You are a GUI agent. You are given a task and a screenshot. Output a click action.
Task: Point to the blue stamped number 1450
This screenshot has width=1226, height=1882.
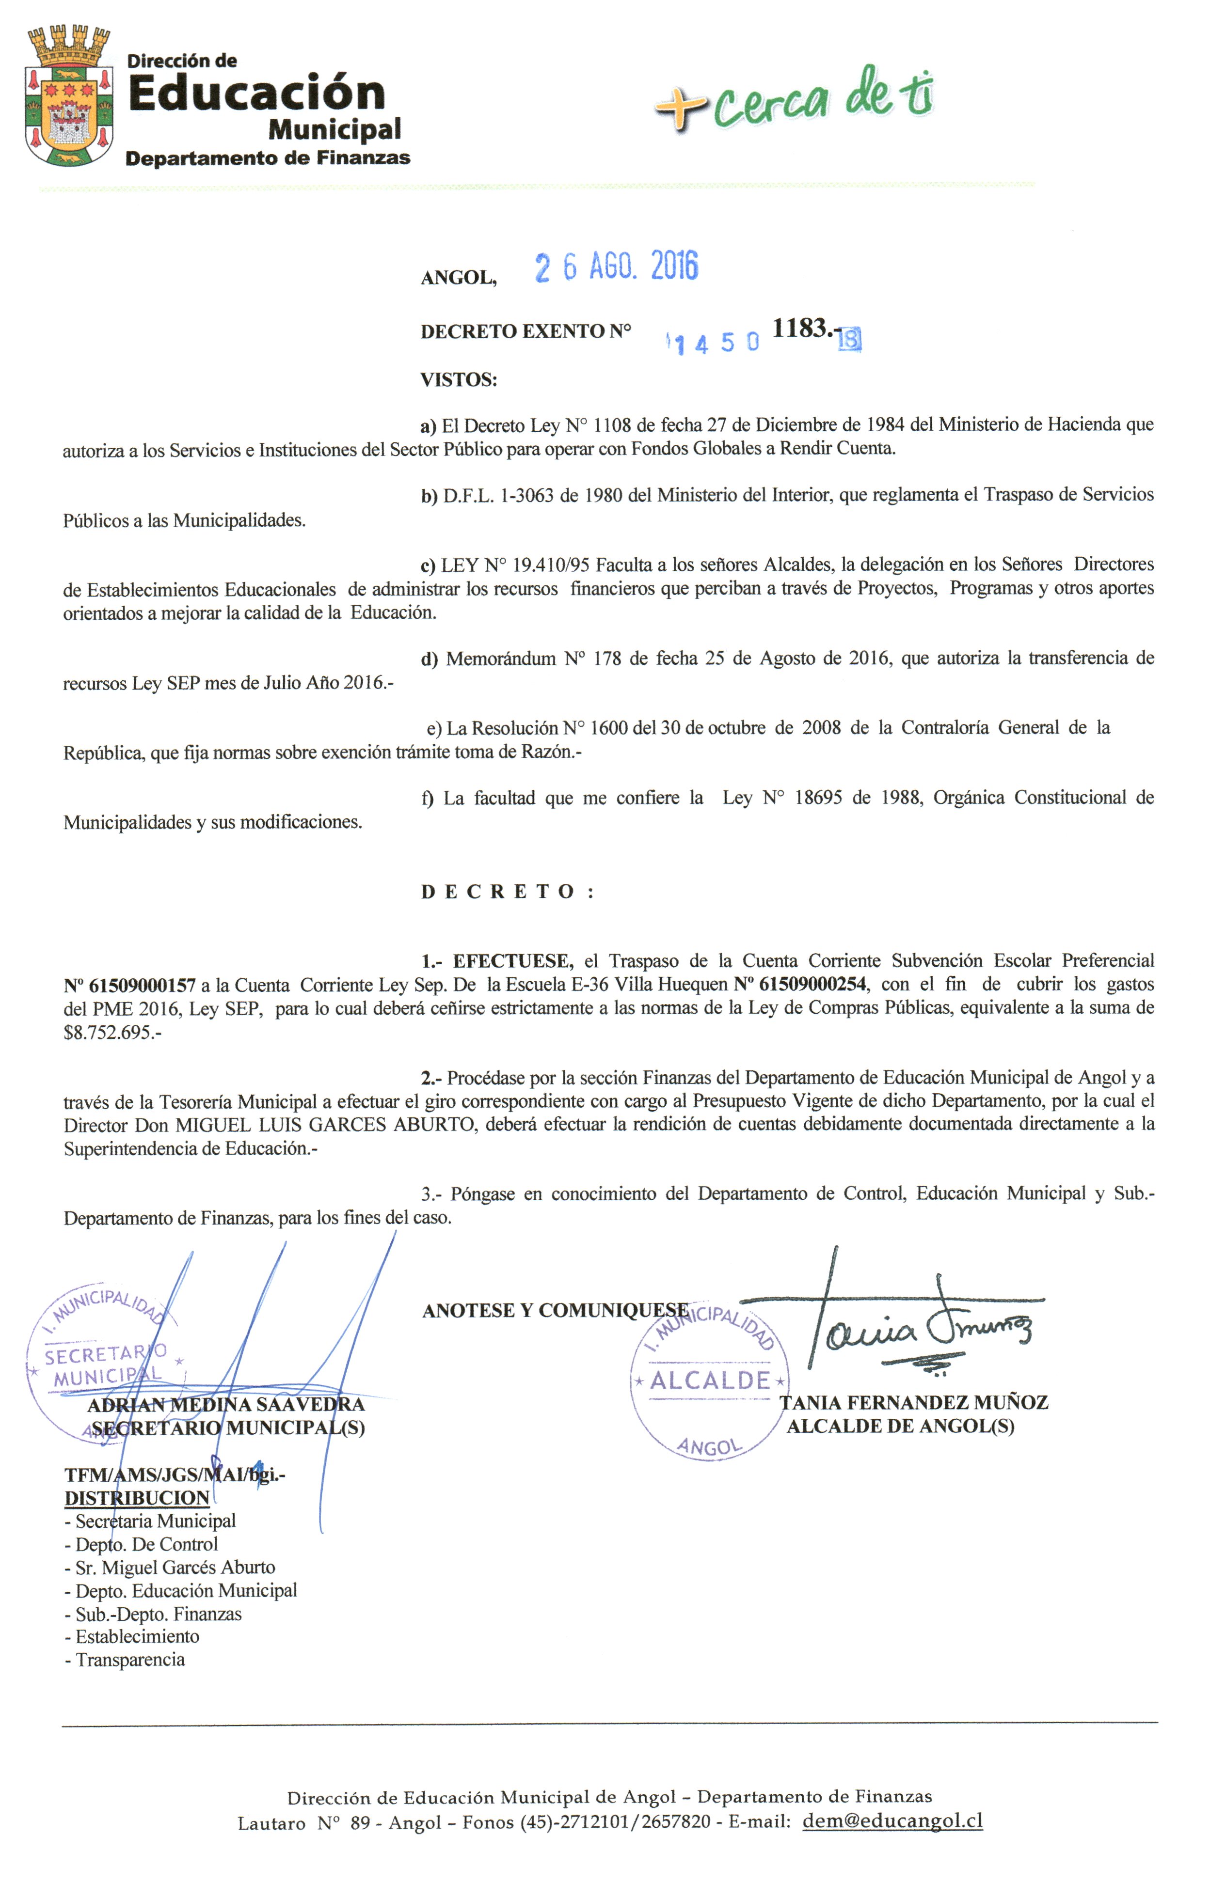pyautogui.click(x=714, y=343)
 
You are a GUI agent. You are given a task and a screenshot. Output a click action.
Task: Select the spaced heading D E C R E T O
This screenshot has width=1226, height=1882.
pyautogui.click(x=506, y=892)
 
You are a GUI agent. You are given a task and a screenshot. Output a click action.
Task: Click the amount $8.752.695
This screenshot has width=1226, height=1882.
pyautogui.click(x=110, y=1032)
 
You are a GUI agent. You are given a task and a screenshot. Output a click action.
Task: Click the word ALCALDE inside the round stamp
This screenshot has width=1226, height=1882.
pyautogui.click(x=710, y=1380)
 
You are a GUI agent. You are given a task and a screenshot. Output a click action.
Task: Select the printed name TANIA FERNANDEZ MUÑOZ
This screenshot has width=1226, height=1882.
pyautogui.click(x=914, y=1403)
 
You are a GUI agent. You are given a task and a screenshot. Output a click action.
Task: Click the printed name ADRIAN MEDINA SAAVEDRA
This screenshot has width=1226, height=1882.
pyautogui.click(x=225, y=1405)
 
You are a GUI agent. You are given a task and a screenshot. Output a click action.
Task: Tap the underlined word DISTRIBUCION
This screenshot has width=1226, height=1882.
pyautogui.click(x=137, y=1498)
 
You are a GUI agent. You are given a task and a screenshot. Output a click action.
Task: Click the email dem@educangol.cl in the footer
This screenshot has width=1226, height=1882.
pyautogui.click(x=892, y=1820)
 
